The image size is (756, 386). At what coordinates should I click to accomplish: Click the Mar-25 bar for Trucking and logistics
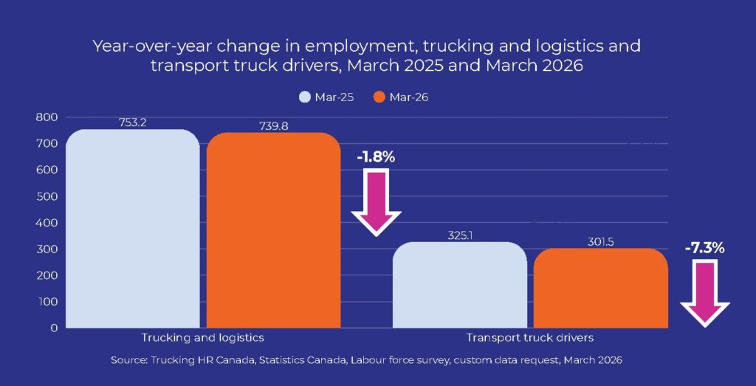pyautogui.click(x=133, y=229)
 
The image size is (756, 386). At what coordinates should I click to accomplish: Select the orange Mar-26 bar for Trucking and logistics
pyautogui.click(x=273, y=230)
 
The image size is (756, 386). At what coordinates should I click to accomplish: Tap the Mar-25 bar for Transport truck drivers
pyautogui.click(x=459, y=285)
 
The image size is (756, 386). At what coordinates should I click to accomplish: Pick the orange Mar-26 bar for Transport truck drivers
pyautogui.click(x=600, y=288)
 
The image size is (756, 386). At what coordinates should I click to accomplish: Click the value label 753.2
pyautogui.click(x=133, y=123)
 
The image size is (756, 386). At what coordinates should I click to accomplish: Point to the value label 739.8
pyautogui.click(x=274, y=126)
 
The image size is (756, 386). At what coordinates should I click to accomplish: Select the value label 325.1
pyautogui.click(x=459, y=235)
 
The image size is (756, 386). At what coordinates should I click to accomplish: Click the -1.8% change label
pyautogui.click(x=376, y=157)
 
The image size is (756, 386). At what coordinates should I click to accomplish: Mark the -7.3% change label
pyautogui.click(x=705, y=248)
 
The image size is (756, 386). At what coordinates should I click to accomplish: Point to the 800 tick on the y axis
pyautogui.click(x=47, y=117)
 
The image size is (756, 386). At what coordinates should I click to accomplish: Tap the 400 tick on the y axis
pyautogui.click(x=47, y=222)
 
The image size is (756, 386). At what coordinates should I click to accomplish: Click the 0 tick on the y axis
pyautogui.click(x=52, y=328)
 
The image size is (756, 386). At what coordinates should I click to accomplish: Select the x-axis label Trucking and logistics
pyautogui.click(x=203, y=337)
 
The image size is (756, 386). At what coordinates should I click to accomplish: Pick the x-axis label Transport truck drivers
pyautogui.click(x=529, y=337)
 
